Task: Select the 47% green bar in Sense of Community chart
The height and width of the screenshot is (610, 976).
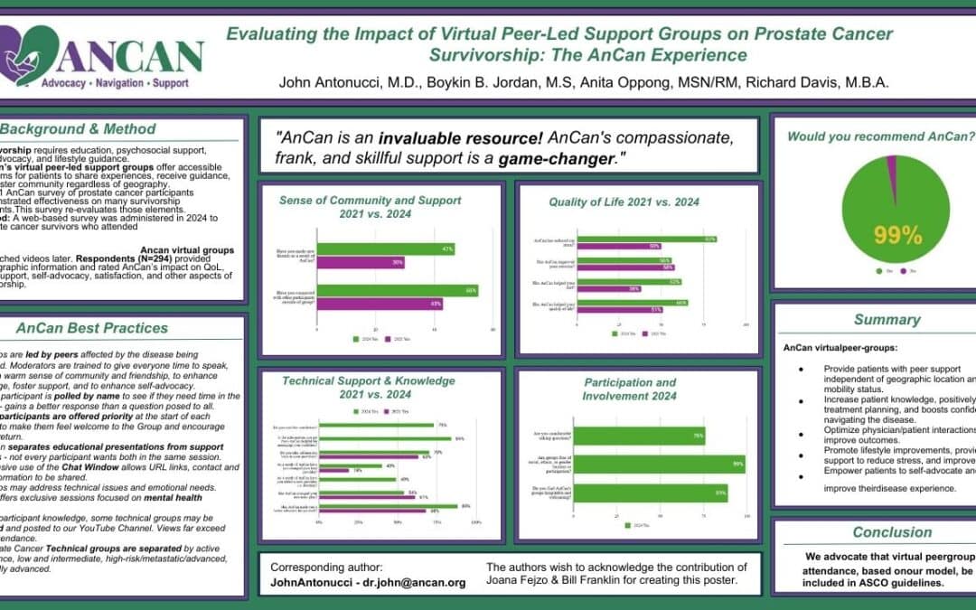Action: point(385,249)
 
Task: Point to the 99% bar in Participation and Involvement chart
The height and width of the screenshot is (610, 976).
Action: point(659,465)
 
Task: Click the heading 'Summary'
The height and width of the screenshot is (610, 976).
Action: point(887,319)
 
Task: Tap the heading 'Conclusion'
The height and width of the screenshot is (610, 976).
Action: point(892,532)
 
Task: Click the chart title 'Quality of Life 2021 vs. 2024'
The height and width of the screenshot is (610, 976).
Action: point(624,202)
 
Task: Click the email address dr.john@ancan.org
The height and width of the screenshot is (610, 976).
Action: point(418,583)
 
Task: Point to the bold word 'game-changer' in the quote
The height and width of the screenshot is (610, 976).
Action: point(549,160)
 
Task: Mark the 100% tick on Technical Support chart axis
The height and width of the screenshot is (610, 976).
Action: point(476,522)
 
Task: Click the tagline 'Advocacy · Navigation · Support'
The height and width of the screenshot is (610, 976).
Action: point(115,82)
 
